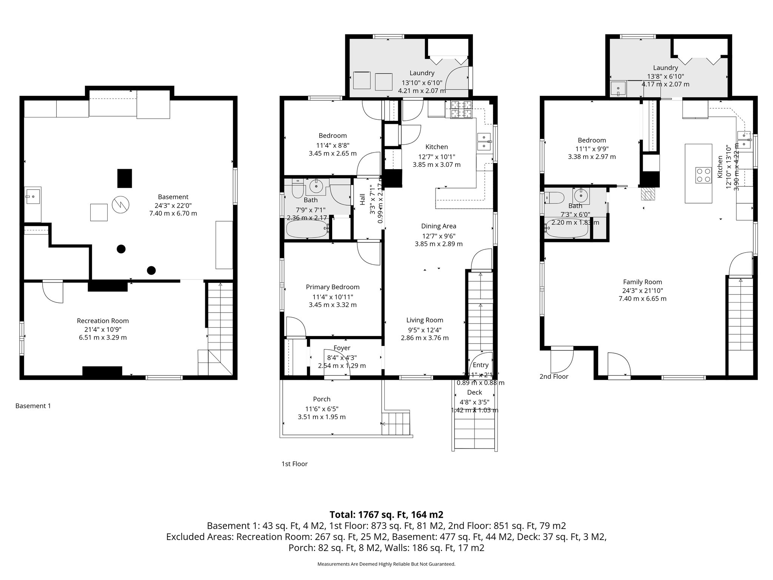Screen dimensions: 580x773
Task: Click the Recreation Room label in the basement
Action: coord(103,321)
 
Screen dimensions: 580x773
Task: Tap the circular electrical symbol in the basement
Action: coord(120,205)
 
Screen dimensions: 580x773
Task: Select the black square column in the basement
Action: coord(125,178)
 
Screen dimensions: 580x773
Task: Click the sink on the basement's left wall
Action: coord(32,196)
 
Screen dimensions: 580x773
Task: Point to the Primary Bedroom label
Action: coord(333,287)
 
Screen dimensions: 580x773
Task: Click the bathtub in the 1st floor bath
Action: coord(307,229)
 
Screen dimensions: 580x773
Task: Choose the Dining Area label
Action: coord(439,226)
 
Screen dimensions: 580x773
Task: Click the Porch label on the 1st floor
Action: coord(322,399)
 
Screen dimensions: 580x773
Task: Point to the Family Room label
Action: coord(642,282)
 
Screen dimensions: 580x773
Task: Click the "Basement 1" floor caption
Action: coord(33,406)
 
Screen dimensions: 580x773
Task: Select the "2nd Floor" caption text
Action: coord(554,376)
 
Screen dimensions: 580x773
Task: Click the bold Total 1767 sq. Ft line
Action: coord(386,515)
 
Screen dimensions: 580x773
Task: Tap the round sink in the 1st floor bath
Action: coord(315,185)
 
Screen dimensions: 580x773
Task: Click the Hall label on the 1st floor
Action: coord(362,199)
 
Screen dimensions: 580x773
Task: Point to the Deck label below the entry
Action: coord(474,392)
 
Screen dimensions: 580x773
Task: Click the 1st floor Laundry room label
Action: coord(422,73)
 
